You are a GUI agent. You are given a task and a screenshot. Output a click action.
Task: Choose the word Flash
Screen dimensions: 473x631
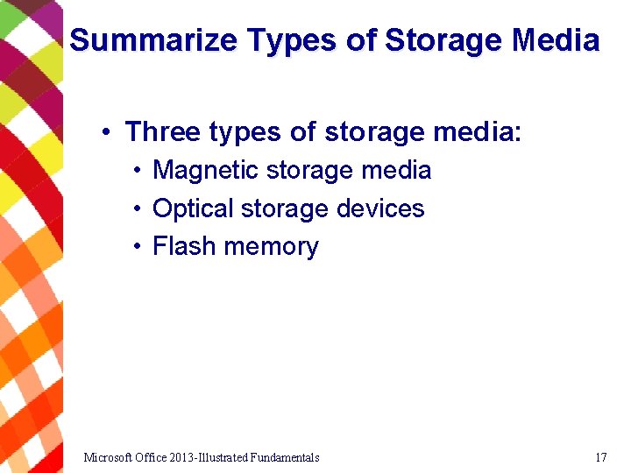[x=184, y=246]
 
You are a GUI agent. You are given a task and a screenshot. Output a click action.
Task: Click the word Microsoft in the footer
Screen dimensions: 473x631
[x=110, y=457]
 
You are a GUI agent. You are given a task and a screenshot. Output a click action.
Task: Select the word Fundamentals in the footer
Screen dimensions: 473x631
[x=284, y=457]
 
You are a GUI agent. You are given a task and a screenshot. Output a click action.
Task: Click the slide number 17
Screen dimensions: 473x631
[x=600, y=457]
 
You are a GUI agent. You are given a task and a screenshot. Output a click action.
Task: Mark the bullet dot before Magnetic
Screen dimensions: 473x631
[x=138, y=171]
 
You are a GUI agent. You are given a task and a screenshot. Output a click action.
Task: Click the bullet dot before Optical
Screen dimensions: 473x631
[x=138, y=209]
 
